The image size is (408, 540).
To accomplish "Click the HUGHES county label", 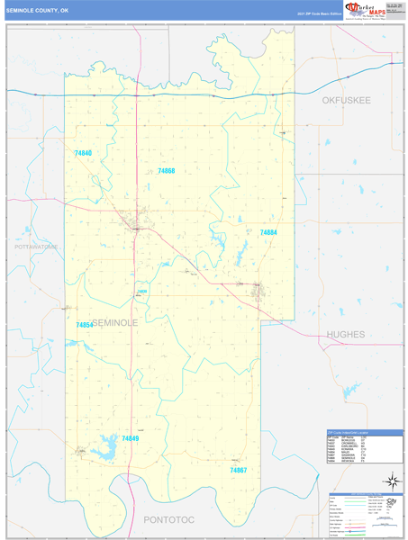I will click(346, 334).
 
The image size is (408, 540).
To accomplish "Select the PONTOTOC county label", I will click(170, 519).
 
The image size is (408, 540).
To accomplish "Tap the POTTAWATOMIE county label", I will click(36, 246).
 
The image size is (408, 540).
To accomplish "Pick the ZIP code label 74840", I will click(83, 154).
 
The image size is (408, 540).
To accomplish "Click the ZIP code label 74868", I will click(166, 171).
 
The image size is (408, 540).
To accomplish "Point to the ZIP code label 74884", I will click(268, 232).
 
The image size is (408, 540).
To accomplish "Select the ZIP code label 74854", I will click(84, 325).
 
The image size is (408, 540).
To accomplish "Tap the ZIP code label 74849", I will click(131, 438).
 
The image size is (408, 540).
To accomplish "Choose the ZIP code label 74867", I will click(238, 471).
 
